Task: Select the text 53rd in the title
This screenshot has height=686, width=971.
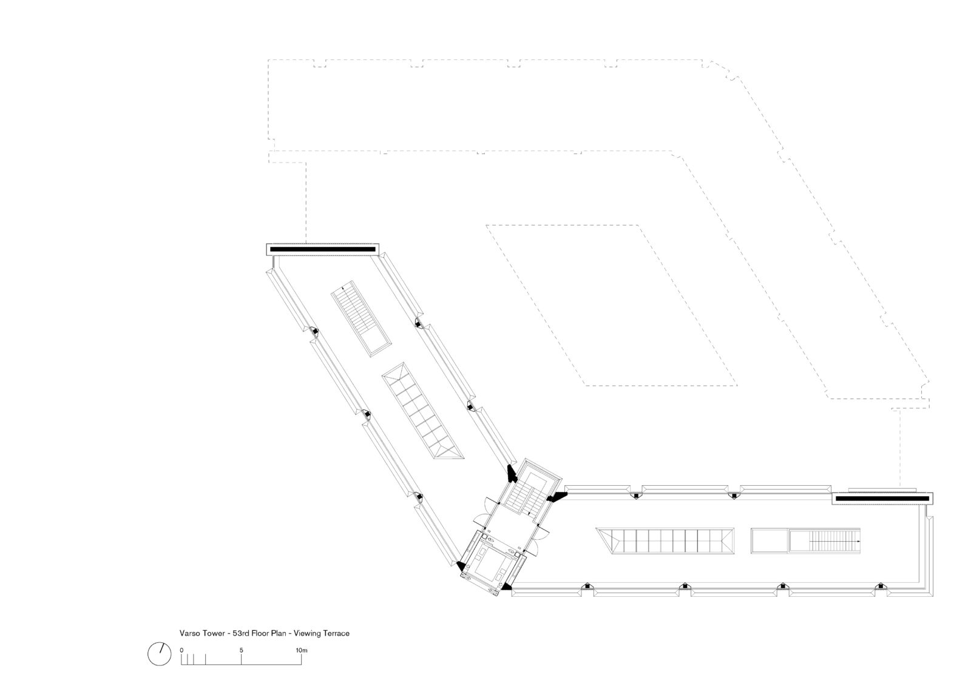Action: tap(240, 633)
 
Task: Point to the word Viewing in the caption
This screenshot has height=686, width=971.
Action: tap(306, 633)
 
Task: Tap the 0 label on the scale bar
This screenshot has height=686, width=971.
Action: tap(181, 650)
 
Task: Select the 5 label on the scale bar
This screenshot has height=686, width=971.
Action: tap(242, 650)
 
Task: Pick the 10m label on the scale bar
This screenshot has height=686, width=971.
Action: tap(302, 650)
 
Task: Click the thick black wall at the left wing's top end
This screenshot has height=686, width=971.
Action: tap(322, 249)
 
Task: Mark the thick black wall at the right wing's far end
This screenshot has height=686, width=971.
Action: tap(882, 499)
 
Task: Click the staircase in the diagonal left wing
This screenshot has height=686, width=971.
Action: tap(361, 318)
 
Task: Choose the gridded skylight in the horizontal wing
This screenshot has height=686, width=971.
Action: tap(665, 541)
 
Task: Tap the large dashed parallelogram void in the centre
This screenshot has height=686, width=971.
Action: tap(612, 305)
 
